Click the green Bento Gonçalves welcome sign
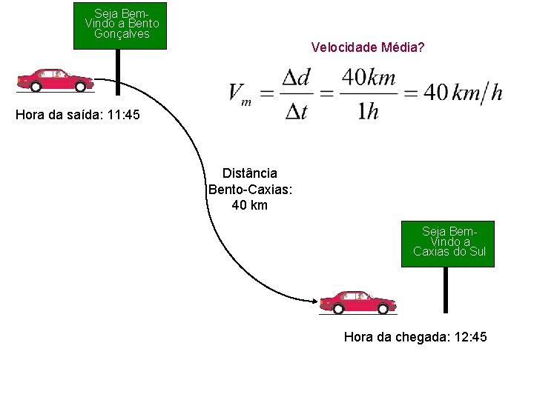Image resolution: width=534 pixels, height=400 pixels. [x=120, y=26]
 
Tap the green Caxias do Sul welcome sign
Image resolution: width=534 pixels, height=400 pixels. [x=447, y=244]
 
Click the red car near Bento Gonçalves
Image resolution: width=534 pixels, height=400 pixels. [x=55, y=79]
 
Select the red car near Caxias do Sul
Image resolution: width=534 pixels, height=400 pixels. [x=357, y=301]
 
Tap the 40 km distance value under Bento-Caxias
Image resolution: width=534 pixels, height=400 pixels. [x=249, y=205]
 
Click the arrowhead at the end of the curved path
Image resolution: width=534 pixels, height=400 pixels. [x=314, y=300]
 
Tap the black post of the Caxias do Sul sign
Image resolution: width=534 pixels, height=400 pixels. [x=446, y=290]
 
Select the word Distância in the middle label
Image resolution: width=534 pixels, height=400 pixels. [x=249, y=173]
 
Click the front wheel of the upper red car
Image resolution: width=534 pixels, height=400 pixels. [x=80, y=87]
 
